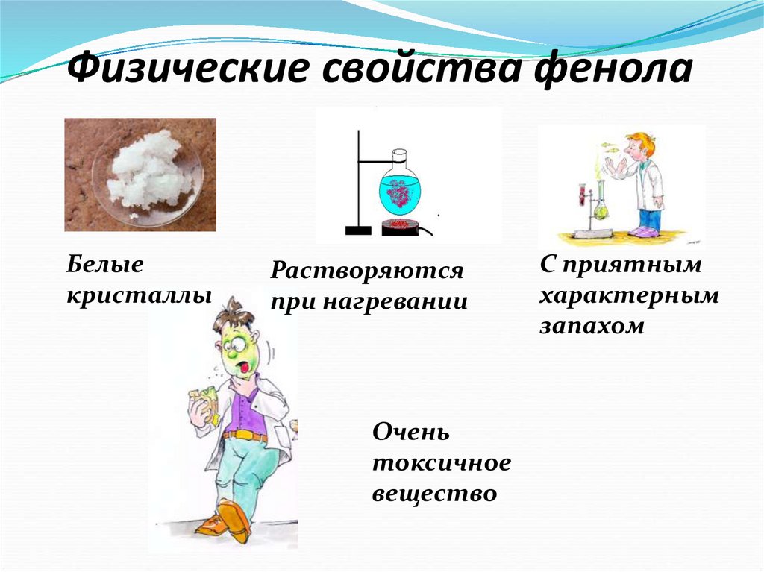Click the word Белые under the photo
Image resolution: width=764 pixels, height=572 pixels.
pos(104,263)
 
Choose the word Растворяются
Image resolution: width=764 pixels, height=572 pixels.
pos(367,271)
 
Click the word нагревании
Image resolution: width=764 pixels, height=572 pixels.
pos(394,303)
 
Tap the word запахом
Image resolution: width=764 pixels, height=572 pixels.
pos(592,327)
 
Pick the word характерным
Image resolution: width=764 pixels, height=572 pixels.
pos(629,296)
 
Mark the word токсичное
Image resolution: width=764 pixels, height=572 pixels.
pos(442,463)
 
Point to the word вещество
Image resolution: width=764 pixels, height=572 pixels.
pos(434,494)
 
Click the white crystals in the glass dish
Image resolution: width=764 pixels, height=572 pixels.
pos(146,171)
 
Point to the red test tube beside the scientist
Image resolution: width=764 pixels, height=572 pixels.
pos(578,195)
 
